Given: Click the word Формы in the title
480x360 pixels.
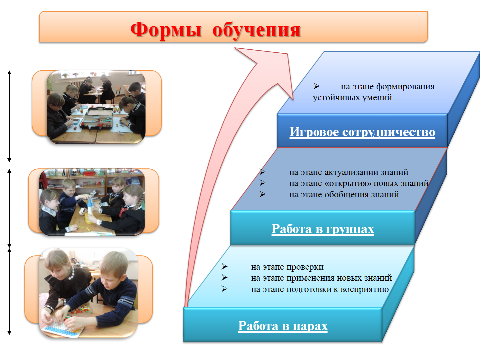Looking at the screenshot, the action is coord(166,29).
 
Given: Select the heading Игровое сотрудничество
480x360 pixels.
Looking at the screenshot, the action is coord(362,132).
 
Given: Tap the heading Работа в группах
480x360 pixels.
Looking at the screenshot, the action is coord(323,229).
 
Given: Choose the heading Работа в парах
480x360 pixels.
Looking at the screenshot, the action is coord(283,326).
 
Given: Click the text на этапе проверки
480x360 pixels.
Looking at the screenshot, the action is coord(287,267).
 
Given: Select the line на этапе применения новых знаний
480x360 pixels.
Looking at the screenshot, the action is coord(322,278).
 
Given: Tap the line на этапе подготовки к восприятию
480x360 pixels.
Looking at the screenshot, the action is coord(320,289).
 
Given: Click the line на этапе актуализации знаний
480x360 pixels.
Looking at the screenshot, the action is coord(349,172).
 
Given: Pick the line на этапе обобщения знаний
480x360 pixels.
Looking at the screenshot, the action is coord(344,194).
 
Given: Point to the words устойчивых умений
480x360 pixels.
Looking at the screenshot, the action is coord(352,98).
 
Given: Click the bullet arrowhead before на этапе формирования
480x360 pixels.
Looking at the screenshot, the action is coord(316,86).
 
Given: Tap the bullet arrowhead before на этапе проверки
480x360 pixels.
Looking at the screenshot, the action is coord(224,267).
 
